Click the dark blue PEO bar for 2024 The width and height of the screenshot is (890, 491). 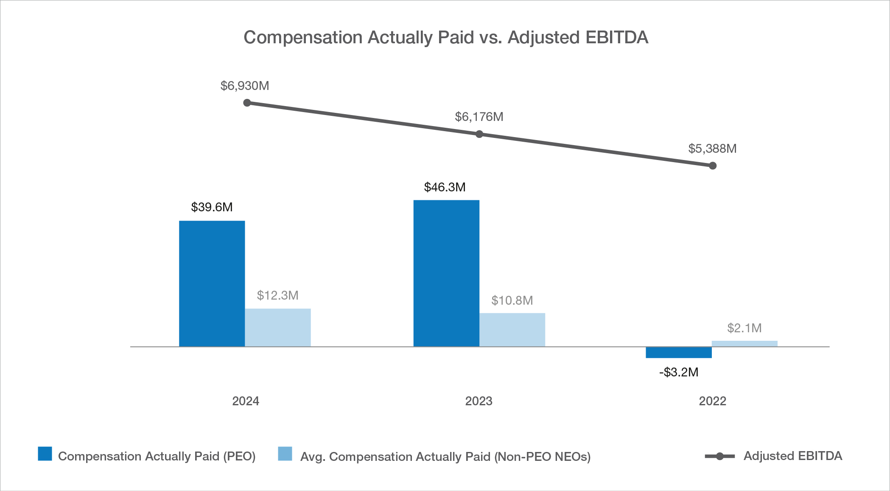(x=212, y=283)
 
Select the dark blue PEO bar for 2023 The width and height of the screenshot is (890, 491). (x=446, y=273)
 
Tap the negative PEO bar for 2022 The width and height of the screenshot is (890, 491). (x=678, y=352)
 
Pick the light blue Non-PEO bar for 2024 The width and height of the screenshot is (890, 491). (x=278, y=328)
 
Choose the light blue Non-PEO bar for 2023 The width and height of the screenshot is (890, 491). (x=512, y=330)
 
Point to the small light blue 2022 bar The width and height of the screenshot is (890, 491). (x=744, y=344)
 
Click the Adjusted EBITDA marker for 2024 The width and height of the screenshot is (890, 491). (x=247, y=103)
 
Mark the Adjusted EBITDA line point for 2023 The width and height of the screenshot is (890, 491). (x=479, y=134)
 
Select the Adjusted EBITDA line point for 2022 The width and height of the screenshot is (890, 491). (x=713, y=166)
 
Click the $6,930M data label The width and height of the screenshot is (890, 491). (x=245, y=86)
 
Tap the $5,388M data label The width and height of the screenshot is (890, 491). (x=712, y=149)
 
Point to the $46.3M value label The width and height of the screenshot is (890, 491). (x=445, y=187)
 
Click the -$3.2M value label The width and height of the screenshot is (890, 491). (x=678, y=372)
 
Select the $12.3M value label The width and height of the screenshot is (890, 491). (x=277, y=295)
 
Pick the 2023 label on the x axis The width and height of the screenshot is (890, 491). (x=479, y=401)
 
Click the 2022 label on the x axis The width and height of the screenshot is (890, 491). (x=712, y=401)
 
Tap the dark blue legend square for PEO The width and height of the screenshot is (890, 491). (x=45, y=454)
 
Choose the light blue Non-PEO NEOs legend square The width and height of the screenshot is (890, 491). (x=285, y=454)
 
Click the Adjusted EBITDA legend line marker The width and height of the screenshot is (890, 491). (x=719, y=456)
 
